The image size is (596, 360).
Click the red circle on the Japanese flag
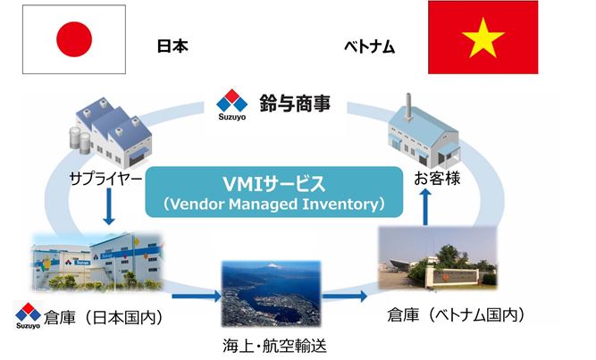(x=74, y=39)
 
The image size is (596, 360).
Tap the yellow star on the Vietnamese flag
(x=483, y=38)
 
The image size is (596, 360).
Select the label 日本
(x=172, y=46)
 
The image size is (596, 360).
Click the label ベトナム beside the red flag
(x=369, y=46)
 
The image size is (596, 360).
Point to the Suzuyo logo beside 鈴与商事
(x=231, y=105)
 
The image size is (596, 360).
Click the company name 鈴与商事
(x=296, y=104)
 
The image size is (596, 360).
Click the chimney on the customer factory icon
(x=408, y=107)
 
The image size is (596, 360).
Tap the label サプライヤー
(x=106, y=179)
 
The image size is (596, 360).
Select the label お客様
(x=437, y=178)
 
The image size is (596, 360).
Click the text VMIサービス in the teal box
(x=273, y=184)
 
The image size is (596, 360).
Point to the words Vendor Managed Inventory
(x=273, y=205)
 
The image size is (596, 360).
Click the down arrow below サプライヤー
(x=109, y=206)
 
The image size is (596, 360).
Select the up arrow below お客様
(x=425, y=207)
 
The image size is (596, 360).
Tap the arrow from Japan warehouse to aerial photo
(x=197, y=297)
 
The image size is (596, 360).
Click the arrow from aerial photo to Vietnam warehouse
(x=345, y=297)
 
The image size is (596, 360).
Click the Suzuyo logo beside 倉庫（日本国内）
(x=28, y=315)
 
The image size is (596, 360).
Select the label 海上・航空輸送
(x=274, y=346)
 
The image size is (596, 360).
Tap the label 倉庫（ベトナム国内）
(x=456, y=315)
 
